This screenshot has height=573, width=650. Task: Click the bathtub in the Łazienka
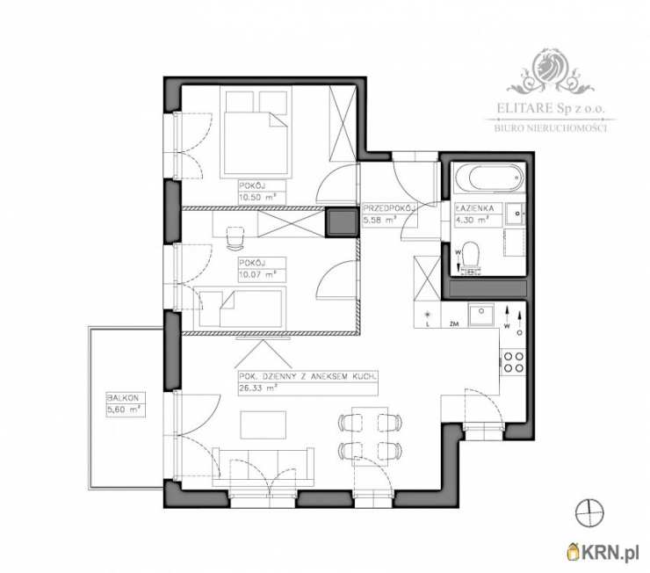pos(490,178)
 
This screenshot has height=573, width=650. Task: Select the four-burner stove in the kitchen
pos(513,361)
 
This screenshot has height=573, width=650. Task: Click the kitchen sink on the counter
pos(480,315)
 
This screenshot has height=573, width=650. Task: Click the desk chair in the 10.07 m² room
pos(235,238)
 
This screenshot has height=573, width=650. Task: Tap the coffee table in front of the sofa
pos(263,425)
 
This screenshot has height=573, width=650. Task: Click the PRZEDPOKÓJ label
pos(389,208)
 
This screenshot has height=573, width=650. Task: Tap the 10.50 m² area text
pos(257,198)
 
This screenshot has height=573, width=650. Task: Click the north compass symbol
pos(589,512)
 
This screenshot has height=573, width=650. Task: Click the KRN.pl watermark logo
pos(603,552)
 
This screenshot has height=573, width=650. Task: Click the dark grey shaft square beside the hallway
pos(341,222)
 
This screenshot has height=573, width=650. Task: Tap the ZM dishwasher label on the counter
pos(454,324)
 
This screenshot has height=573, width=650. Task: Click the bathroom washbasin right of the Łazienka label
pos(516,213)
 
